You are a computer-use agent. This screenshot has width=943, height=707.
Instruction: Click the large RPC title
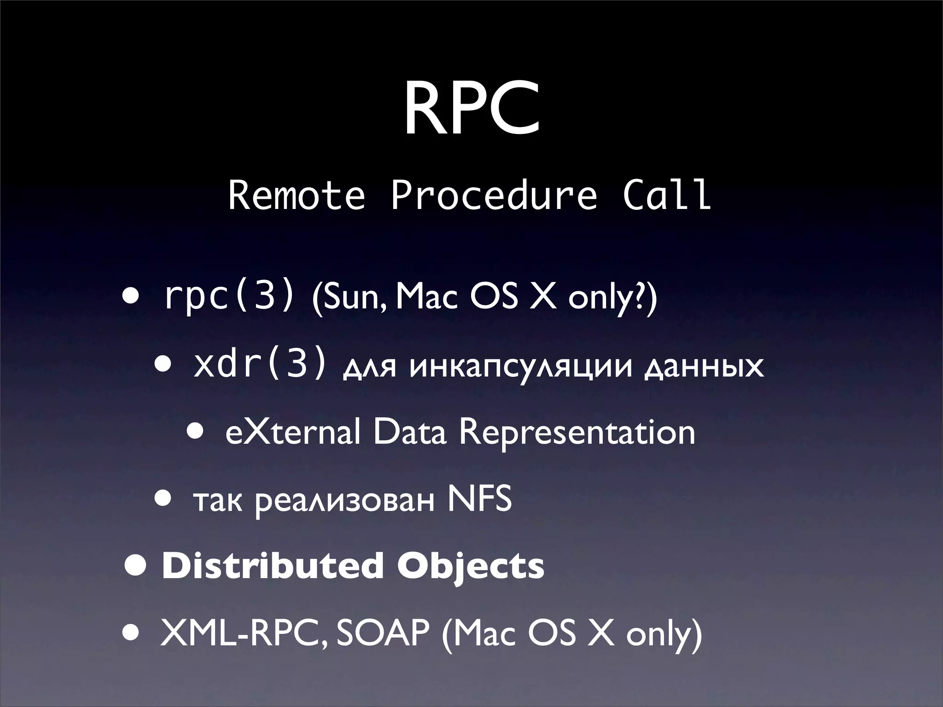pyautogui.click(x=471, y=110)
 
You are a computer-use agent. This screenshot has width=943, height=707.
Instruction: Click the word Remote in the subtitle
pyautogui.click(x=297, y=195)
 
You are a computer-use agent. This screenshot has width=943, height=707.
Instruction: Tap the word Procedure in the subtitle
pyautogui.click(x=494, y=195)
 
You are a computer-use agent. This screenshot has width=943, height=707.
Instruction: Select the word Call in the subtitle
pyautogui.click(x=666, y=195)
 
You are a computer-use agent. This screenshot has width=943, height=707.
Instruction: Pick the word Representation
pyautogui.click(x=577, y=433)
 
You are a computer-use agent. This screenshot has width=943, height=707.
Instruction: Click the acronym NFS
pyautogui.click(x=479, y=500)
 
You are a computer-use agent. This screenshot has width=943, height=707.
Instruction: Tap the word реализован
pyautogui.click(x=344, y=502)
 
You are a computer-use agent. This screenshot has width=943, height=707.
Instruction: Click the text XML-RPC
pyautogui.click(x=244, y=634)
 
